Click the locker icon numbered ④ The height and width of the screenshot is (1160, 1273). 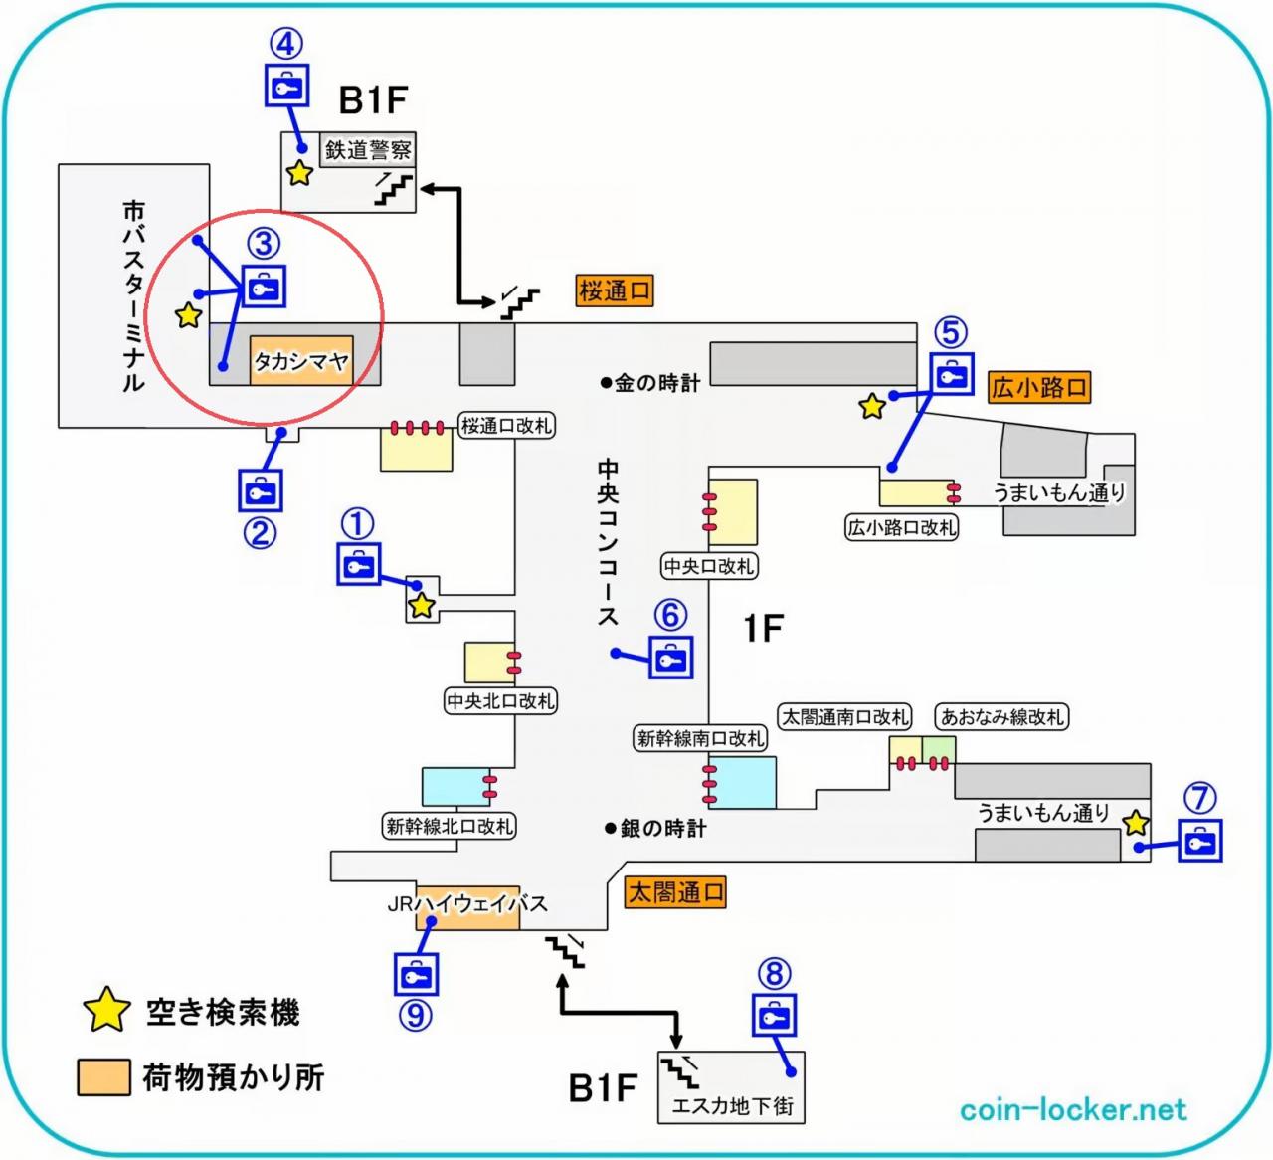click(286, 85)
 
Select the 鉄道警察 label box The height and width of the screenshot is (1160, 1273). click(368, 150)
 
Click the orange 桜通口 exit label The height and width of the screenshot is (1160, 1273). click(616, 291)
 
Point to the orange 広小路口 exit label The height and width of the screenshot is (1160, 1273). click(1039, 387)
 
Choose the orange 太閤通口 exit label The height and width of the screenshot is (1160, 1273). click(675, 892)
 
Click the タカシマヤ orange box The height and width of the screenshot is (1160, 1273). click(299, 361)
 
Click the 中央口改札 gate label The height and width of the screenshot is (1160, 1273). click(709, 566)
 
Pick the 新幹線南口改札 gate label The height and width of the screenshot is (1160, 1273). click(701, 738)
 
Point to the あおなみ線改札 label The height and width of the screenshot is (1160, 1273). click(1001, 716)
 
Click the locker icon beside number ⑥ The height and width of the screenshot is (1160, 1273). click(670, 659)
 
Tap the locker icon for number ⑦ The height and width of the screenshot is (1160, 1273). click(1200, 841)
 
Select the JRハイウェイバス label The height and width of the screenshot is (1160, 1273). click(467, 904)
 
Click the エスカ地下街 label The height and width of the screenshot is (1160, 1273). click(732, 1105)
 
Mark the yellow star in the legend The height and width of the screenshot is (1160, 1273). click(106, 1012)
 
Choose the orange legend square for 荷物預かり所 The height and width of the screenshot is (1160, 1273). click(103, 1077)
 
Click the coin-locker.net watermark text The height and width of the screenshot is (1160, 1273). click(1073, 1109)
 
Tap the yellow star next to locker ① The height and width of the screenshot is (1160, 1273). click(422, 604)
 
